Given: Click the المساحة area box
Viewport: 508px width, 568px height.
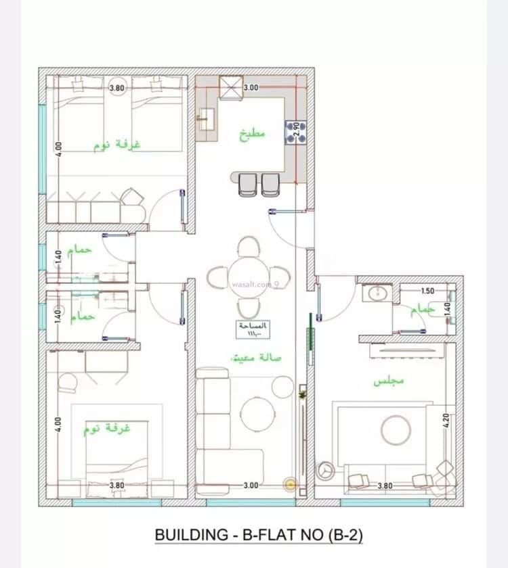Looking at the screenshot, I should [x=253, y=329].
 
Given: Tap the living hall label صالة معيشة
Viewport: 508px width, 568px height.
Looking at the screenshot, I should [x=257, y=357].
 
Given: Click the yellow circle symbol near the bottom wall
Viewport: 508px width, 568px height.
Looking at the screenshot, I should [x=291, y=484].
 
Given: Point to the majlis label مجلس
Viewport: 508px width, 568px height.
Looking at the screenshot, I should [x=388, y=381].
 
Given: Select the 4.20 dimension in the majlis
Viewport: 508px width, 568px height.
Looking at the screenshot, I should [x=446, y=422].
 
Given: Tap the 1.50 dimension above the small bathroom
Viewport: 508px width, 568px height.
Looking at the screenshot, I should [x=427, y=291].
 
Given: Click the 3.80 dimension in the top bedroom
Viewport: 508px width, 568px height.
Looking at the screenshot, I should [x=117, y=87].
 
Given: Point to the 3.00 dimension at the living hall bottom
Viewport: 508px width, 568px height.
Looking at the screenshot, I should [x=251, y=485].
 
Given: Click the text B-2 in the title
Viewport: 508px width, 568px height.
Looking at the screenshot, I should [x=345, y=535].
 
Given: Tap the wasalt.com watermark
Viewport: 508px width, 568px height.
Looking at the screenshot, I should [x=251, y=285].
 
